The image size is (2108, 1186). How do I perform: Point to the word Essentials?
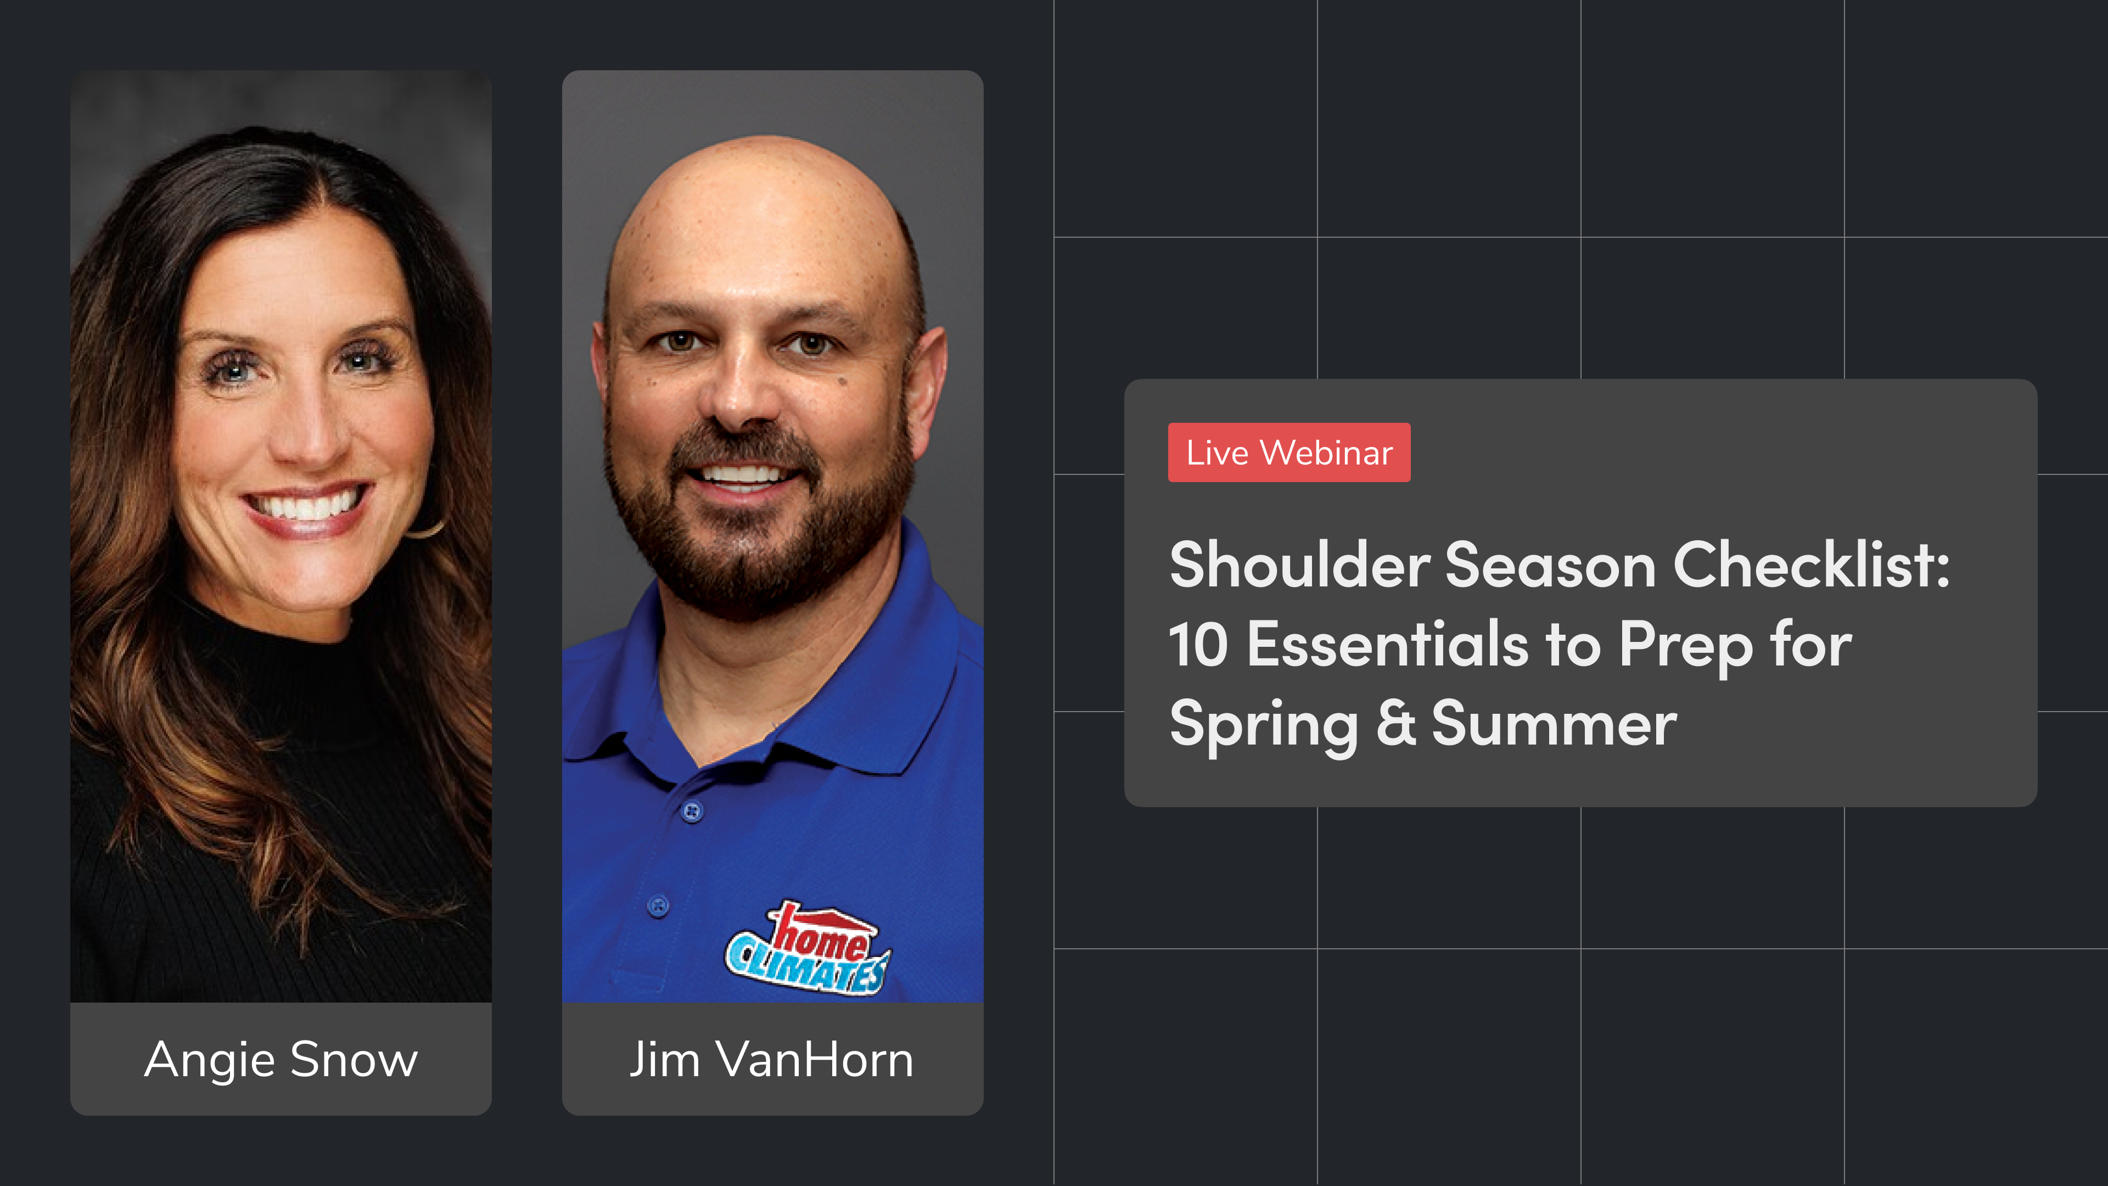(x=1387, y=645)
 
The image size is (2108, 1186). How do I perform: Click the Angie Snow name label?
(x=281, y=1059)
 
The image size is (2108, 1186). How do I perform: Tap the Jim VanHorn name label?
(x=772, y=1059)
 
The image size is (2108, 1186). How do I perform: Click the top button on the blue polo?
(x=692, y=811)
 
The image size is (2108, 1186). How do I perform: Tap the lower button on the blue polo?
(x=658, y=905)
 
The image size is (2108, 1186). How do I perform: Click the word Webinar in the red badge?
(x=1326, y=452)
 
